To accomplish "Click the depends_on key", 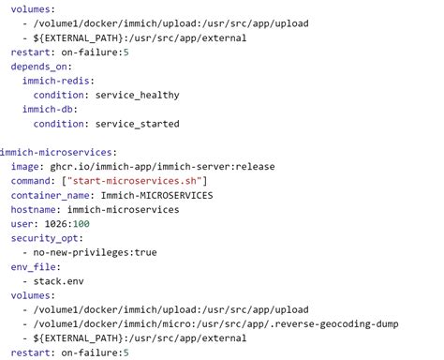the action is click(x=40, y=67).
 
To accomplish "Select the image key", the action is click(x=26, y=167).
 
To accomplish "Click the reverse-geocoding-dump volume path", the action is click(x=215, y=323).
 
